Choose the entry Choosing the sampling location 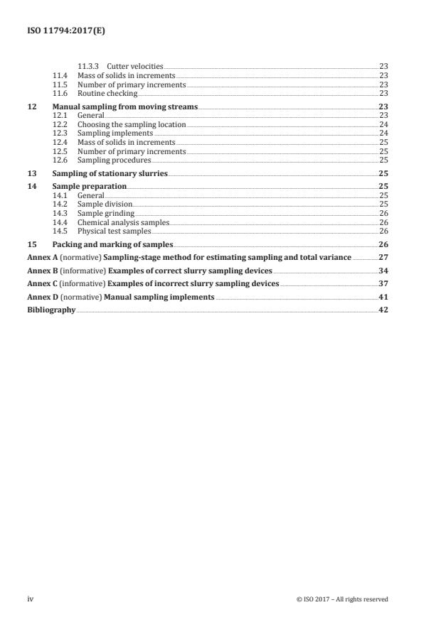132,124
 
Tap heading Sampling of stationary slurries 111,173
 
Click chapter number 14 31,186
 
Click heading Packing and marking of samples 113,244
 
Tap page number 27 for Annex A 383,257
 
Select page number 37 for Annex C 383,284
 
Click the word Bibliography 51,310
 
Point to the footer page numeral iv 31,599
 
